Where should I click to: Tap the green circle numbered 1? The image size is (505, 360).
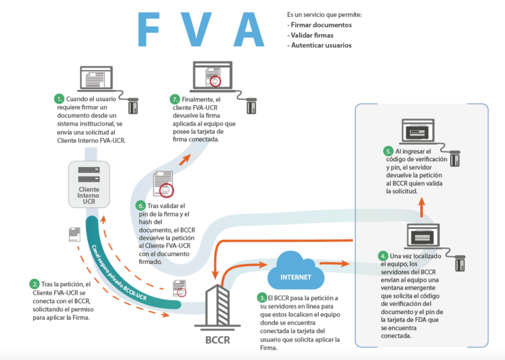[59, 99]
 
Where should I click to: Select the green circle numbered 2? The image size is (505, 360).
[34, 284]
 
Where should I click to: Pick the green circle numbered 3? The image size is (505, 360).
[262, 297]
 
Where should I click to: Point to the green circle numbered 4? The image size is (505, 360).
[383, 256]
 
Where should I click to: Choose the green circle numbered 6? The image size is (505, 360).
[140, 206]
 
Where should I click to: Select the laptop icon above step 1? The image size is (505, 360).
[97, 78]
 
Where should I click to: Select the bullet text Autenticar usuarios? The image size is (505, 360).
[320, 45]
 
